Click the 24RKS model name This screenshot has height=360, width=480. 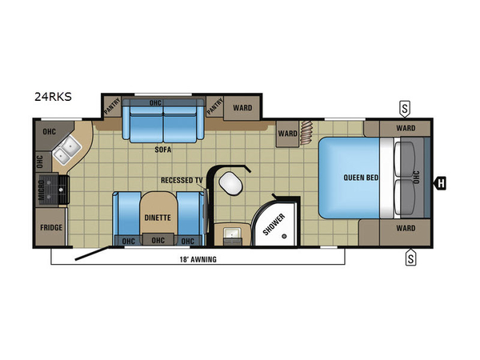click(x=53, y=97)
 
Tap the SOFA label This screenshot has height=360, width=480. click(x=163, y=150)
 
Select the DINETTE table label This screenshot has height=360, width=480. click(x=158, y=218)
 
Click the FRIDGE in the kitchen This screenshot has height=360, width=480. click(x=50, y=227)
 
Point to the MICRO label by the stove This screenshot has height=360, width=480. click(x=42, y=190)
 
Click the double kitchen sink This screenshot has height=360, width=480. click(x=68, y=150)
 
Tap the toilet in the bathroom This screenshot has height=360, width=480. click(x=231, y=184)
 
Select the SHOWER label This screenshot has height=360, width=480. click(x=274, y=224)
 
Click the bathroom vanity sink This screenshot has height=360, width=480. click(x=232, y=234)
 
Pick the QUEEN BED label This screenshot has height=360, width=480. click(x=361, y=178)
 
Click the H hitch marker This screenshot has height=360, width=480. click(x=441, y=184)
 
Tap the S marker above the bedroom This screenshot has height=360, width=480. click(x=405, y=109)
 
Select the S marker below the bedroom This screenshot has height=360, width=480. click(x=410, y=258)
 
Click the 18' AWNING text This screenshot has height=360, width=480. click(x=198, y=259)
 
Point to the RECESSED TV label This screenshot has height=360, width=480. click(x=182, y=180)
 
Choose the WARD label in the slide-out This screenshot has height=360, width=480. click(x=242, y=108)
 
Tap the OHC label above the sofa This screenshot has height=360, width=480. click(x=155, y=102)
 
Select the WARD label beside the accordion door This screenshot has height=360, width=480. click(x=287, y=134)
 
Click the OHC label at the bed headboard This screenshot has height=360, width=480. click(x=416, y=178)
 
